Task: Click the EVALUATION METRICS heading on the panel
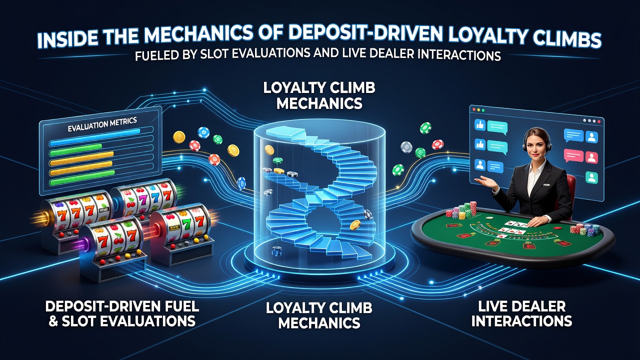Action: tap(102, 124)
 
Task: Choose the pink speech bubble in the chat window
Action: tap(573, 155)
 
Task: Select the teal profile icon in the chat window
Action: tap(591, 177)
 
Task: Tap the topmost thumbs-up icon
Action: tap(479, 125)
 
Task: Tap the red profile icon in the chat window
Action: tap(591, 157)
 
